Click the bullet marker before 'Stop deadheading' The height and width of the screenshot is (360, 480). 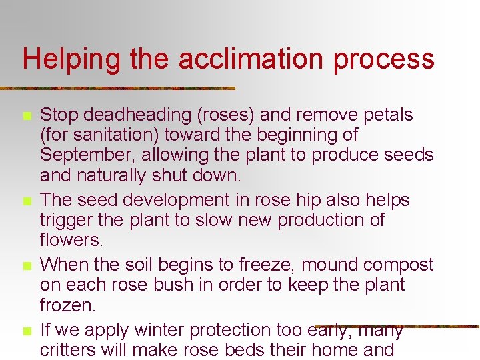(x=27, y=116)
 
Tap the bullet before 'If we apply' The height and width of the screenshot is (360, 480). (x=27, y=331)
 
